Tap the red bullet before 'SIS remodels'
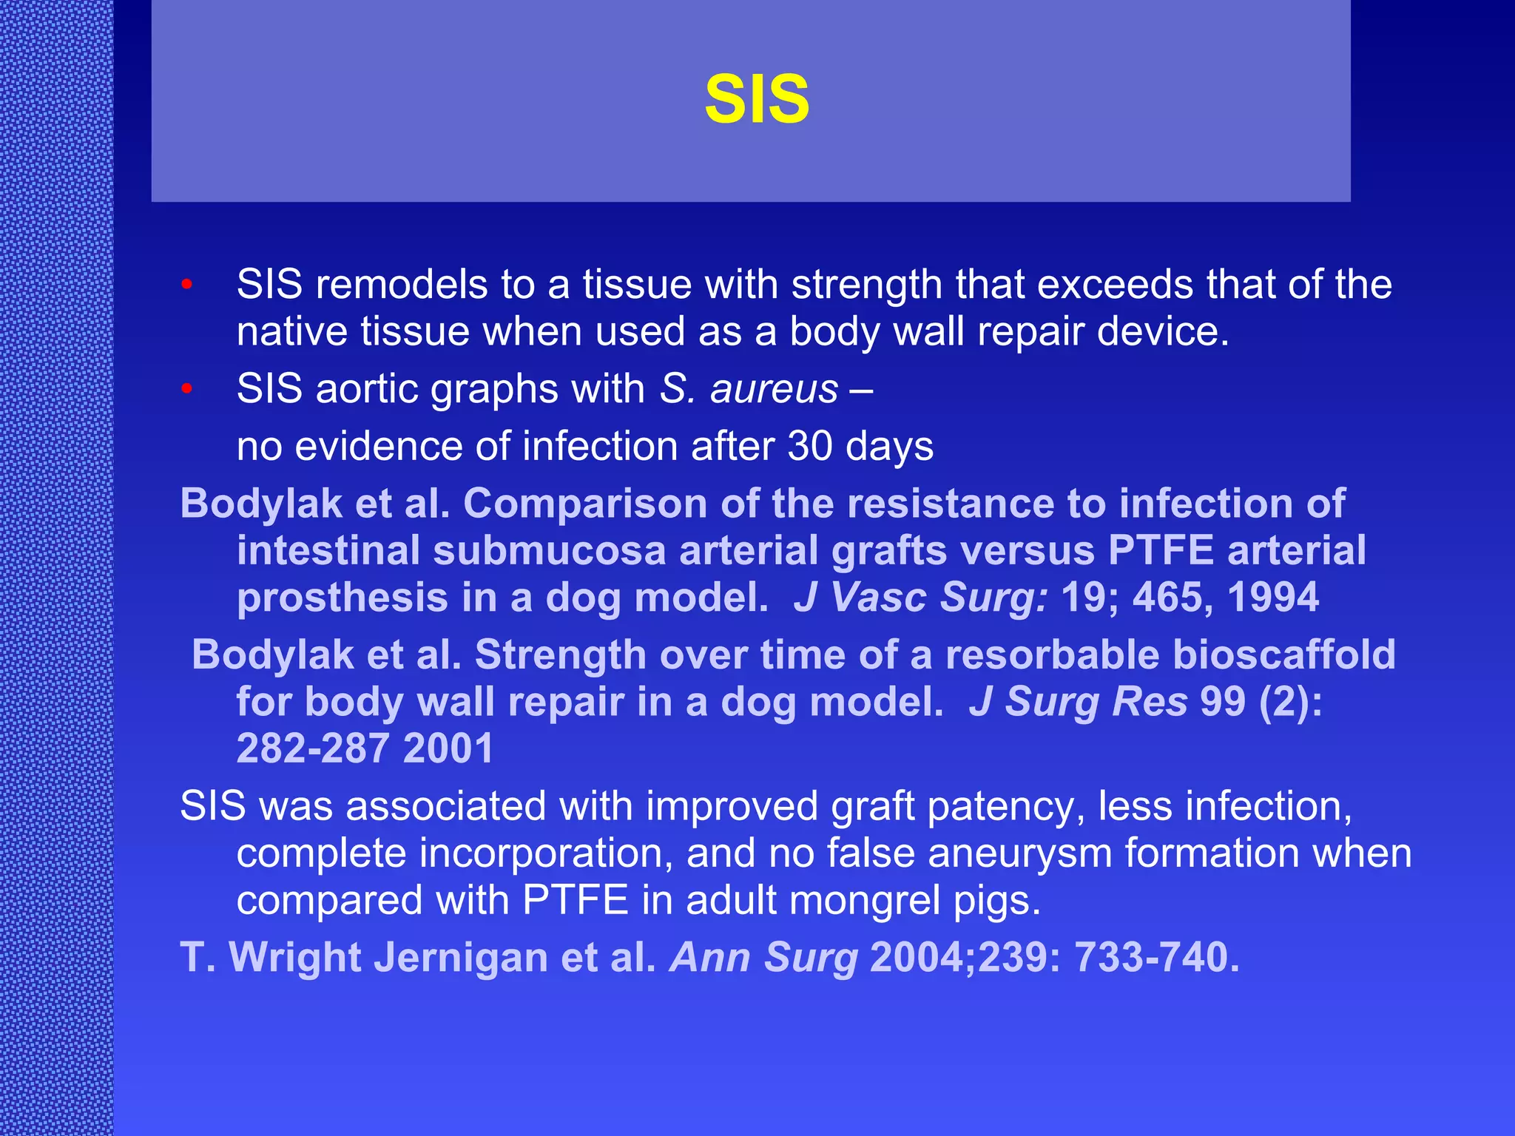(187, 284)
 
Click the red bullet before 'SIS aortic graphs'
(187, 388)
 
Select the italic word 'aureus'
(774, 390)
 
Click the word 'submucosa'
(550, 551)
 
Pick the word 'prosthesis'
(342, 598)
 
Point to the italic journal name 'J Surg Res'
(1078, 702)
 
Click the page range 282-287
(313, 748)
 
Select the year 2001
(448, 748)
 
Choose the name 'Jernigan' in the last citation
(460, 957)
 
